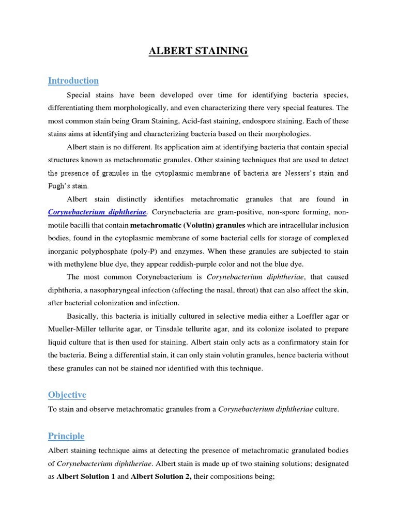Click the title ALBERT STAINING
198,51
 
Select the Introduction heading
73,81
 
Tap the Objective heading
67,395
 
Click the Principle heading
66,436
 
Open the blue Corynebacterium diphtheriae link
98,212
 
